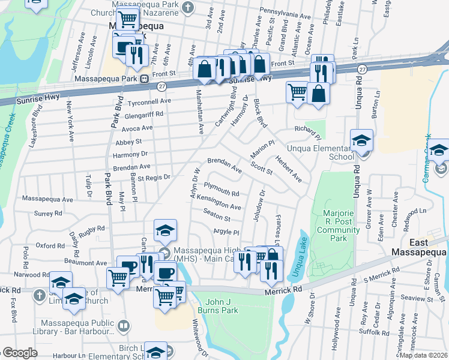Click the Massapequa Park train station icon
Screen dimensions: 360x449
[x=144, y=79]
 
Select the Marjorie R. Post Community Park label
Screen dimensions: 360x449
[x=339, y=226]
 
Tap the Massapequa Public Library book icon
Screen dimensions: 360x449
[x=123, y=326]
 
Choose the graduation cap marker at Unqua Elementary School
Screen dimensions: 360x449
[x=362, y=142]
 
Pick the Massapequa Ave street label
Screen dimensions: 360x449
[x=47, y=198]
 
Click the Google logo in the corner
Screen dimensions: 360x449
[x=20, y=353]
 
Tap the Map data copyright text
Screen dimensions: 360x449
[x=423, y=355]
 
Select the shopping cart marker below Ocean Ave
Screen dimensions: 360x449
[x=297, y=92]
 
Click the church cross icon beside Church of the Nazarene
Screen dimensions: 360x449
[x=188, y=7]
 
